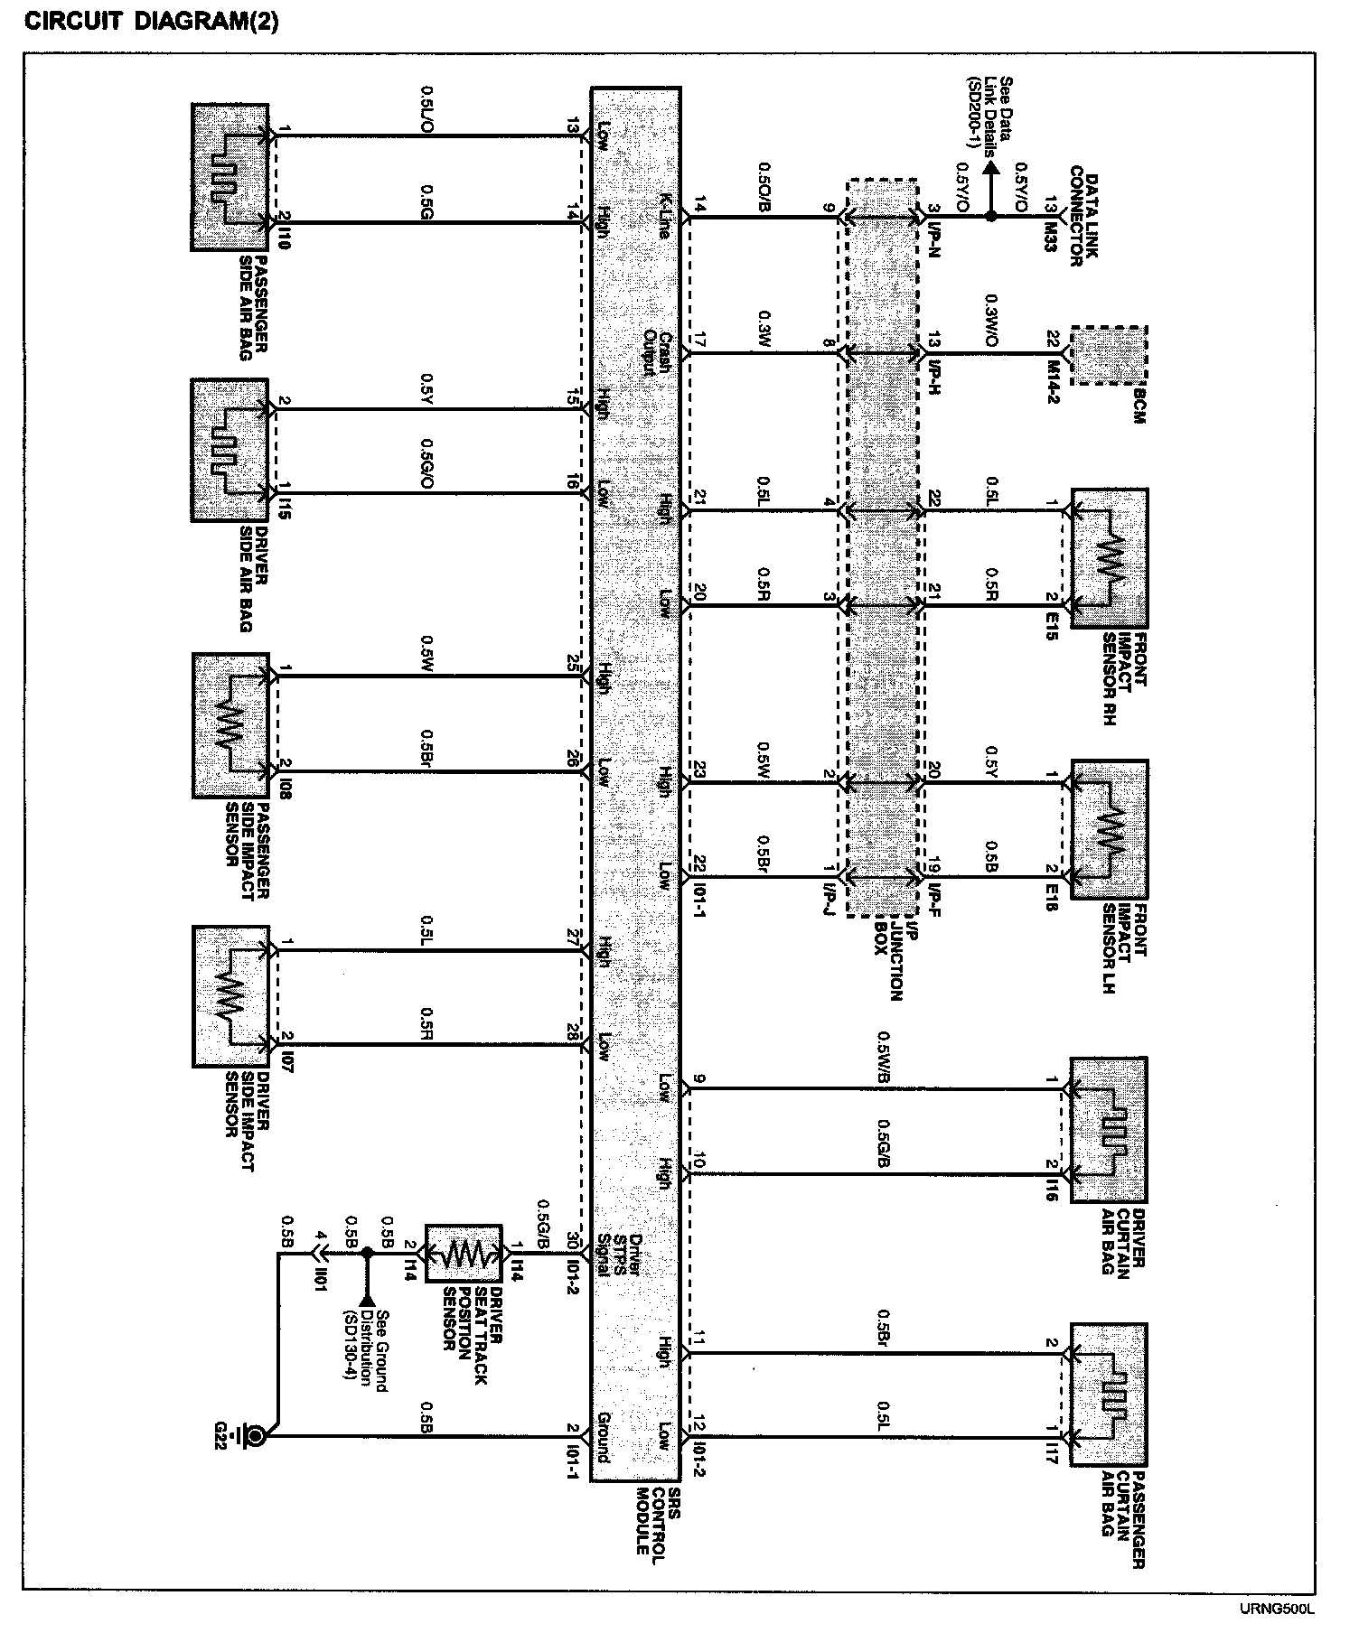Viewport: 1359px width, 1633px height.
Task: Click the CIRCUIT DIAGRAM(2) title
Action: pos(151,22)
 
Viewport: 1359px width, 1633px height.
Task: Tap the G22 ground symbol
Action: pos(256,1434)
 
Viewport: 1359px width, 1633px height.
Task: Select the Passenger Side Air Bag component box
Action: pos(230,177)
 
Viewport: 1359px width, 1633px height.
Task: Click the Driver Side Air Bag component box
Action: pos(230,450)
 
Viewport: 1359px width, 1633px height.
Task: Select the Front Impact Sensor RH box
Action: pos(1109,558)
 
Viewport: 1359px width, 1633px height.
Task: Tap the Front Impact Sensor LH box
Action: pos(1109,829)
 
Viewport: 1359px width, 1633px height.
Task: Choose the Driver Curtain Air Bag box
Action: pos(1109,1129)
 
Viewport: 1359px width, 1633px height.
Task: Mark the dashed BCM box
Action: pos(1108,356)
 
